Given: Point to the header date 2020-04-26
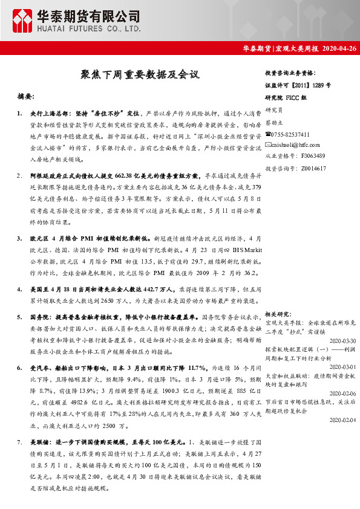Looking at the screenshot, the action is [x=339, y=48].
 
